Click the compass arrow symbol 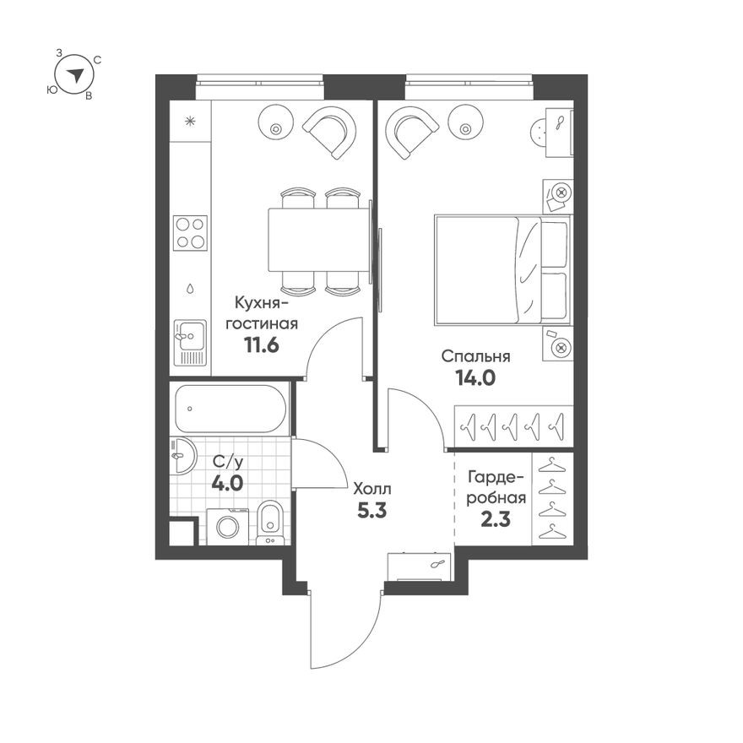(x=76, y=74)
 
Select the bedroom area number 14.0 (x=475, y=377)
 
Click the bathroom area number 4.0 (x=228, y=484)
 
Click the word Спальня (x=476, y=356)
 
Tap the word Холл (x=372, y=488)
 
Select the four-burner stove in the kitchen (x=190, y=233)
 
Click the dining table (x=318, y=240)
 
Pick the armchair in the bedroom (x=412, y=131)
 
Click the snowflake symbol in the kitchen (x=191, y=120)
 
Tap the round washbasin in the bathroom (x=182, y=457)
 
